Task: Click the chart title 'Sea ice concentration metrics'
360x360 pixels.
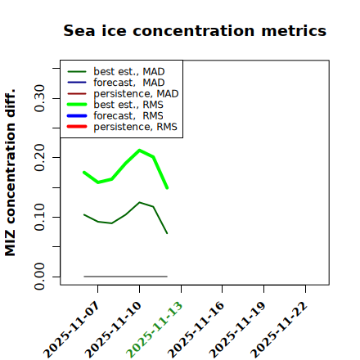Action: click(x=195, y=30)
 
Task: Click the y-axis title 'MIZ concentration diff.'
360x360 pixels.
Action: click(x=10, y=173)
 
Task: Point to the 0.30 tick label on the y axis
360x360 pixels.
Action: click(x=40, y=98)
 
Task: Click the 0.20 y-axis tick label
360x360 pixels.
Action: click(x=40, y=158)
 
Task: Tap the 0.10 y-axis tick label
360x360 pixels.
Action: click(x=40, y=217)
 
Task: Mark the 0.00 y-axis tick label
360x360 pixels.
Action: click(x=40, y=277)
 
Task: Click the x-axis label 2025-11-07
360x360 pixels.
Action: click(x=71, y=330)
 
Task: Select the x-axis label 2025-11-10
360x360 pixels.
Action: click(x=113, y=330)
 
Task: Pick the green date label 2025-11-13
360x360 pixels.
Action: click(x=155, y=330)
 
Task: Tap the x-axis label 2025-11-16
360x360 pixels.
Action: click(x=196, y=330)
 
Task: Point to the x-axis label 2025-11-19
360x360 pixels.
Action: click(x=237, y=330)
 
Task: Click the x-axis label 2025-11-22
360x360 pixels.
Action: click(x=279, y=330)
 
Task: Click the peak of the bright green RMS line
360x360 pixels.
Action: click(x=139, y=150)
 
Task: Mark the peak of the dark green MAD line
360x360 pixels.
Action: click(x=140, y=202)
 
